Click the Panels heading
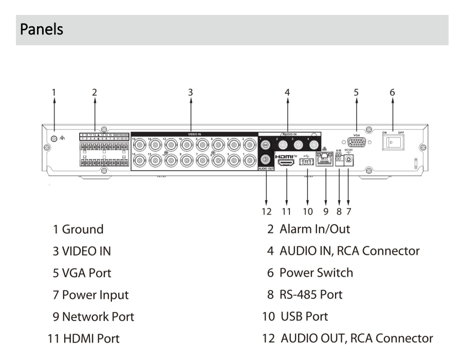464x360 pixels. [42, 29]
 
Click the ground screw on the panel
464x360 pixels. [54, 137]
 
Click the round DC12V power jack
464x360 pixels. [349, 160]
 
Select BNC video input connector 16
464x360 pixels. [138, 145]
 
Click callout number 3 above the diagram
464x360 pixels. [190, 93]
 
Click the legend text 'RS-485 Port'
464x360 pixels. [310, 295]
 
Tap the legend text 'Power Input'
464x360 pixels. [95, 295]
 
